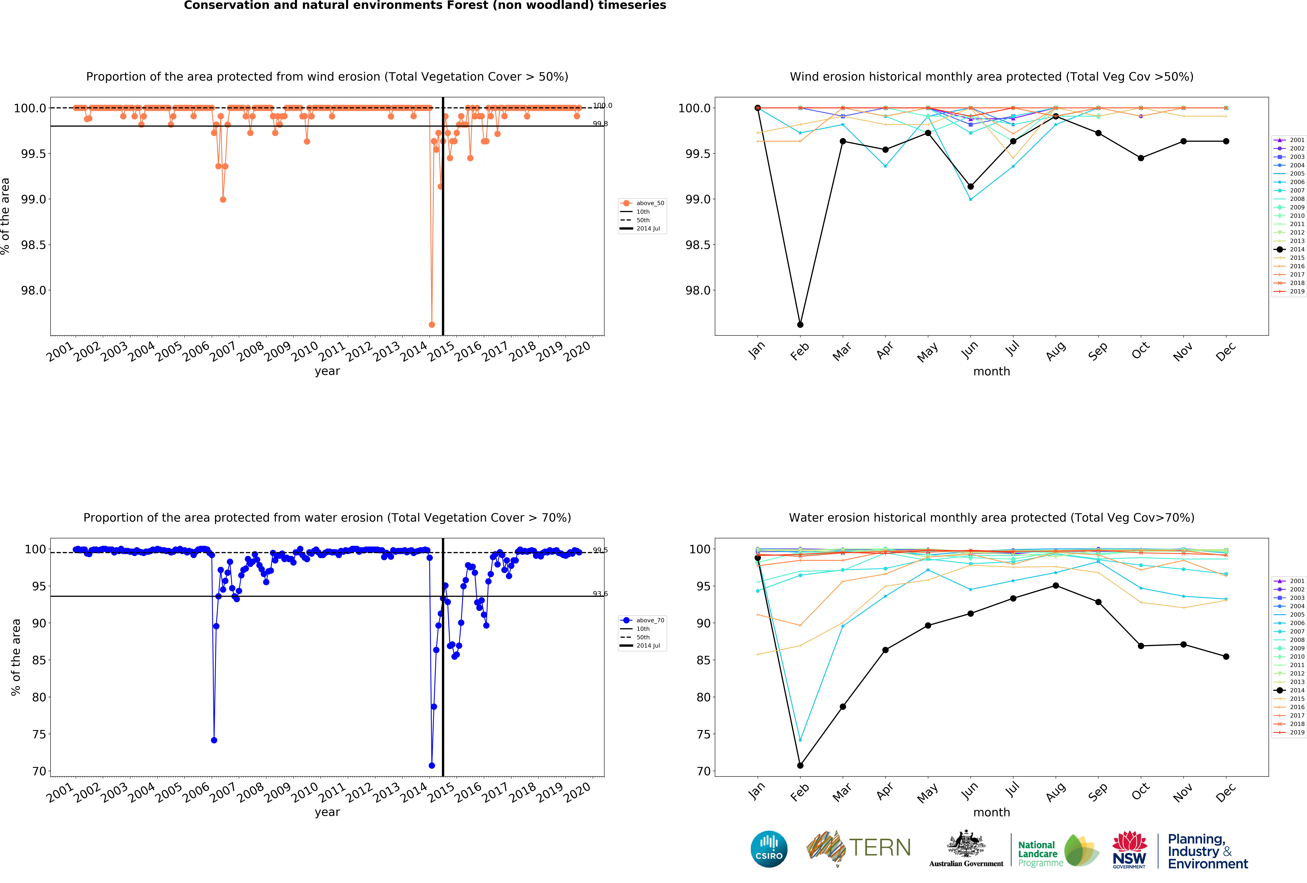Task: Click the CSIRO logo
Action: pyautogui.click(x=769, y=849)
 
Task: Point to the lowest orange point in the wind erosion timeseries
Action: pyautogui.click(x=431, y=324)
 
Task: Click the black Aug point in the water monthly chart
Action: pyautogui.click(x=1056, y=585)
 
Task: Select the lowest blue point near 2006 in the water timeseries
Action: pyautogui.click(x=214, y=740)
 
